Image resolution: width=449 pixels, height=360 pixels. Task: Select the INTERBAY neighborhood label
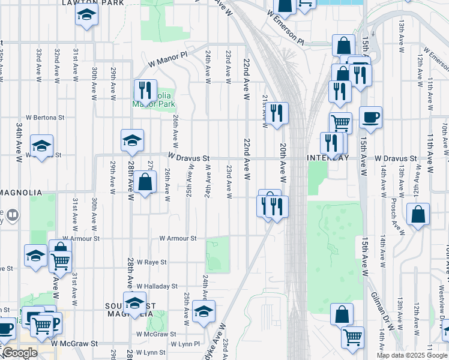327,158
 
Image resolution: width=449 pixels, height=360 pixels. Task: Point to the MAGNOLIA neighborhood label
21,192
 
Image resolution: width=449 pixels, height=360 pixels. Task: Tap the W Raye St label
151,262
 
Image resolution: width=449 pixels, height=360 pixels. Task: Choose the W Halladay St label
157,287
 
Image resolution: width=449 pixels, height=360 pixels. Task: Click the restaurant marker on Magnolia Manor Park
145,91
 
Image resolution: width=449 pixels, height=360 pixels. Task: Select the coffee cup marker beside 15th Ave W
370,118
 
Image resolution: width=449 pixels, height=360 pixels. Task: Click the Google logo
20,353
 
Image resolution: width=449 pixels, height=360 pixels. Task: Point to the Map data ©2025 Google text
411,355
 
